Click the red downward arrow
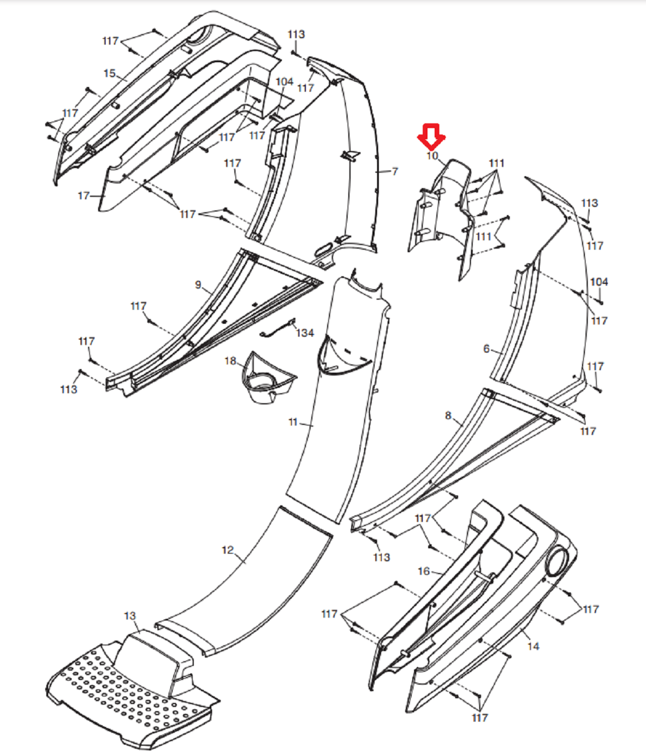coord(431,137)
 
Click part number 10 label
coord(432,156)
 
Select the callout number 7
coord(395,171)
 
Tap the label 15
coord(109,73)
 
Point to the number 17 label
coord(83,196)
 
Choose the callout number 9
coord(198,284)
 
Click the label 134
coord(305,333)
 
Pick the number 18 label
coord(230,361)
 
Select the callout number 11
coord(293,422)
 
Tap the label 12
coord(227,550)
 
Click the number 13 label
coord(130,616)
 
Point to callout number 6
coord(486,348)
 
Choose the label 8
coord(448,415)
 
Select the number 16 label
coord(423,571)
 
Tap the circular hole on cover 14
coord(557,562)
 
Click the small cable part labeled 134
coord(278,329)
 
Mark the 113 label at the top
coord(296,34)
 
